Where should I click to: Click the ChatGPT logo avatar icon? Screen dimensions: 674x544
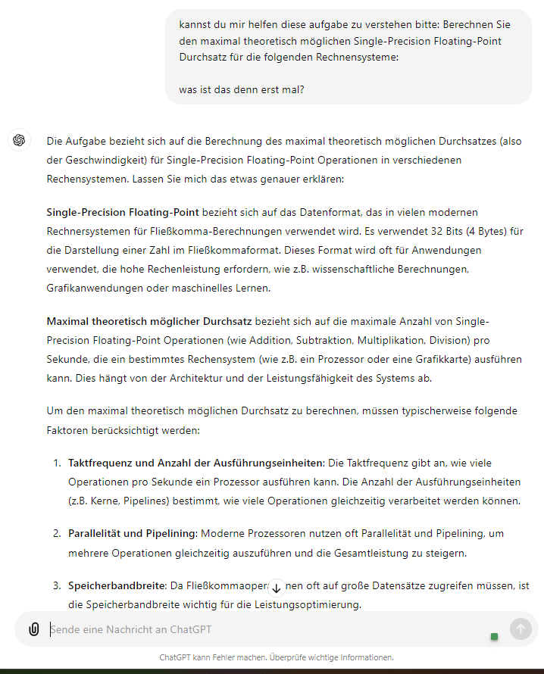point(19,140)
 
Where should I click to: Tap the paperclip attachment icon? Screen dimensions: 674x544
point(34,629)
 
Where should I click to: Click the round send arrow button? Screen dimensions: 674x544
point(521,629)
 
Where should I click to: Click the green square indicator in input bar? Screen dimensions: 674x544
point(495,636)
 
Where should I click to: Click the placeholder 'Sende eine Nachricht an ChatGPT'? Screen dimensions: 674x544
point(130,629)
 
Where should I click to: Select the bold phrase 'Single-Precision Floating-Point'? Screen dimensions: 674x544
point(123,212)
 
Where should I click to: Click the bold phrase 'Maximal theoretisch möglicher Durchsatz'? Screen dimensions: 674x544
point(149,322)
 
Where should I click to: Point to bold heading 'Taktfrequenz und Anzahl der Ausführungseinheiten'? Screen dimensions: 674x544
point(195,462)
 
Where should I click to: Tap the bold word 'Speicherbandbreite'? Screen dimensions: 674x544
point(116,585)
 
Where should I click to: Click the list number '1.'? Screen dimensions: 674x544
point(57,462)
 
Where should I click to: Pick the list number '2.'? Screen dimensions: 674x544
point(57,533)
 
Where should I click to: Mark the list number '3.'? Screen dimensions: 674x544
point(57,585)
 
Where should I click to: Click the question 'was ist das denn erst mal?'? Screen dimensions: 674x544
point(242,89)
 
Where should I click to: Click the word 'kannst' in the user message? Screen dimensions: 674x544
point(195,24)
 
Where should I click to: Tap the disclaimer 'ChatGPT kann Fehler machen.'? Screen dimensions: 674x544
point(213,657)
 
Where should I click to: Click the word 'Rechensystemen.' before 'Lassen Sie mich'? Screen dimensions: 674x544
point(87,179)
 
